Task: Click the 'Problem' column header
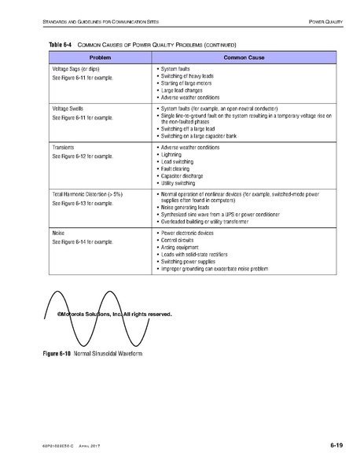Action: point(100,58)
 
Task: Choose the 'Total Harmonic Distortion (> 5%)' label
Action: point(87,193)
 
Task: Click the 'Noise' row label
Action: point(57,234)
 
